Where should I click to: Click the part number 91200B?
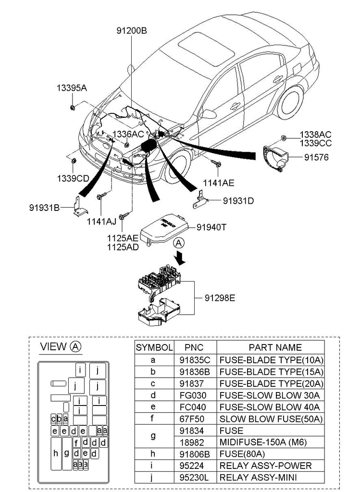[x=132, y=31]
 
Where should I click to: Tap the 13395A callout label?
[x=72, y=88]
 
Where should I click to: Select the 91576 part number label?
[x=316, y=157]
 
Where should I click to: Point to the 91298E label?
[x=220, y=297]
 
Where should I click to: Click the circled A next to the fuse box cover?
[x=179, y=243]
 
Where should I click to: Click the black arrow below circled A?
[x=180, y=258]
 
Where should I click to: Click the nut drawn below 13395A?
[x=72, y=108]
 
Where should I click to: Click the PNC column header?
[x=194, y=347]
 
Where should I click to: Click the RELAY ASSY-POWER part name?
[x=265, y=466]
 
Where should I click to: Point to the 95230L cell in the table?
[x=194, y=478]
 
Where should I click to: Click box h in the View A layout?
[x=56, y=454]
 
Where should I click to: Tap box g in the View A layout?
[x=66, y=454]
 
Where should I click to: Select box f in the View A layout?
[x=76, y=443]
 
